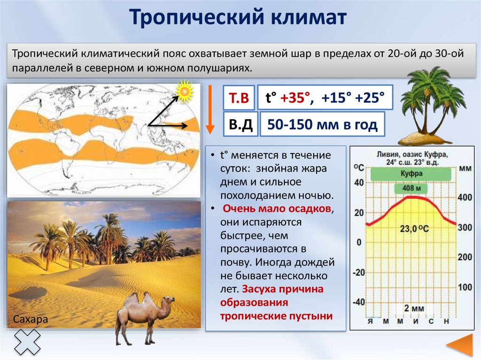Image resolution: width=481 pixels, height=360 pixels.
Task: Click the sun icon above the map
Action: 185,92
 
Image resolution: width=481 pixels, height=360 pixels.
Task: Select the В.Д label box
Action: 239,124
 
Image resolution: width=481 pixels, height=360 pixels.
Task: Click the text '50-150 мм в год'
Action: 322,125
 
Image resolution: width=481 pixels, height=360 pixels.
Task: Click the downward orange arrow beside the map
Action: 210,111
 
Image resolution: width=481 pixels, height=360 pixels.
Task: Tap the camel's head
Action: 169,301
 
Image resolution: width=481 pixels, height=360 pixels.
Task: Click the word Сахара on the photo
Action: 31,319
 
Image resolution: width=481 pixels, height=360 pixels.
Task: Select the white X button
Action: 27,341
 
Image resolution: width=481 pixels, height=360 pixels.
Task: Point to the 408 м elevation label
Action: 411,189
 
